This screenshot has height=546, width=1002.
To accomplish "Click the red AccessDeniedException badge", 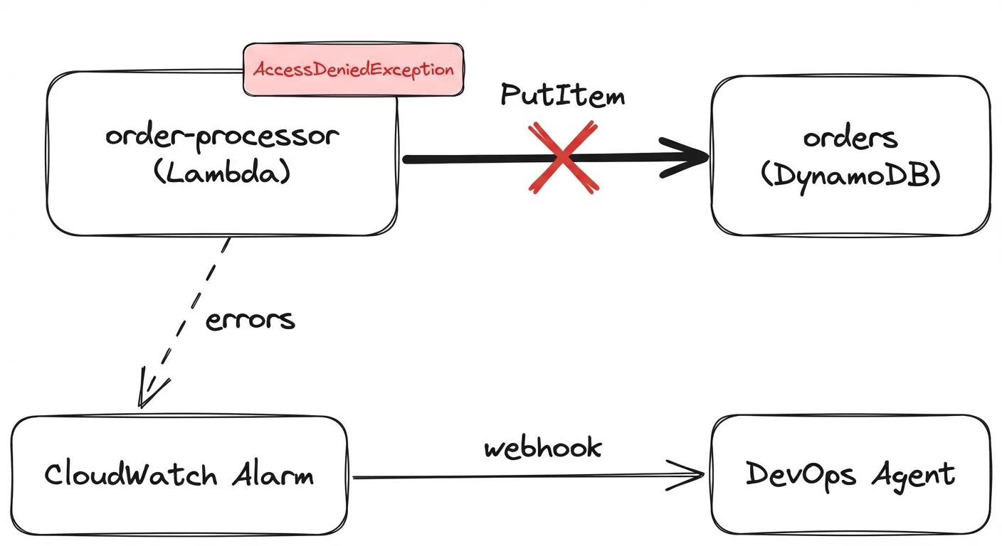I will tap(354, 70).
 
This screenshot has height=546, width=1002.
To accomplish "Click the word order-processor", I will tap(221, 136).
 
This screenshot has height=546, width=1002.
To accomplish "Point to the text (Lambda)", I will tap(222, 173).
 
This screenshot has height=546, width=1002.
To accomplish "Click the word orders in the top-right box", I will tap(850, 137).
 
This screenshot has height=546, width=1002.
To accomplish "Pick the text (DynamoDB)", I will tap(850, 175).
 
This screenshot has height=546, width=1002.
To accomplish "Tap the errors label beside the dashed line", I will tap(250, 320).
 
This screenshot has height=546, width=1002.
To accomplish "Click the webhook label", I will tap(543, 448).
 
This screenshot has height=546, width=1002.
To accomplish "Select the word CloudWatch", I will tap(130, 474).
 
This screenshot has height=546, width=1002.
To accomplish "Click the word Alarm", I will tap(273, 474).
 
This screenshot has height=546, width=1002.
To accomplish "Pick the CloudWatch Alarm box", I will tap(178, 508).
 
